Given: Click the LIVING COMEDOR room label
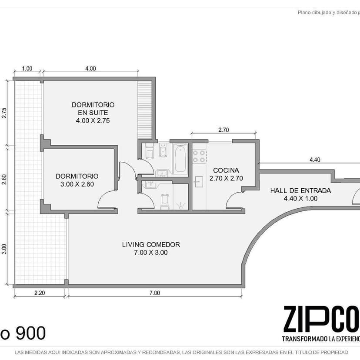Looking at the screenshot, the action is click(151, 244).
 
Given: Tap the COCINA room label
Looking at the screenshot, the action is click(226, 170).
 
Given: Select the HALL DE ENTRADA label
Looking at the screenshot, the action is click(300, 190).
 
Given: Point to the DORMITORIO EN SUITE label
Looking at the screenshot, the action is click(93, 109).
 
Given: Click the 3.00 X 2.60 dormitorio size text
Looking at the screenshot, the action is click(77, 184).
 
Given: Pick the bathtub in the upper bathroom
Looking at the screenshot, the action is click(180, 158).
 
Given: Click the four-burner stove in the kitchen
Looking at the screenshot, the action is click(199, 156).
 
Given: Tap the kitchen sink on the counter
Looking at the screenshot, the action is click(199, 182).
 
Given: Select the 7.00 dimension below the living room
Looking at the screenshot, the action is click(154, 293).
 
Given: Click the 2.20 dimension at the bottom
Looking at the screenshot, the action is click(40, 293).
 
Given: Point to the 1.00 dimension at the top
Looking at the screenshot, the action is click(27, 68).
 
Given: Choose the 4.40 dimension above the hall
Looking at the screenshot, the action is click(315, 160).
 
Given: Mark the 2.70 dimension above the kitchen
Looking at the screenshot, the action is click(223, 130).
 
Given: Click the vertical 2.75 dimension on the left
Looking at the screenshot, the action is click(4, 113).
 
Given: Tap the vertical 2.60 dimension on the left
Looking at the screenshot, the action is click(4, 179).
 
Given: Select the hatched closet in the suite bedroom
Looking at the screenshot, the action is click(145, 110).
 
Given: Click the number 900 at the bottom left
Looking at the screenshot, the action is click(30, 333).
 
